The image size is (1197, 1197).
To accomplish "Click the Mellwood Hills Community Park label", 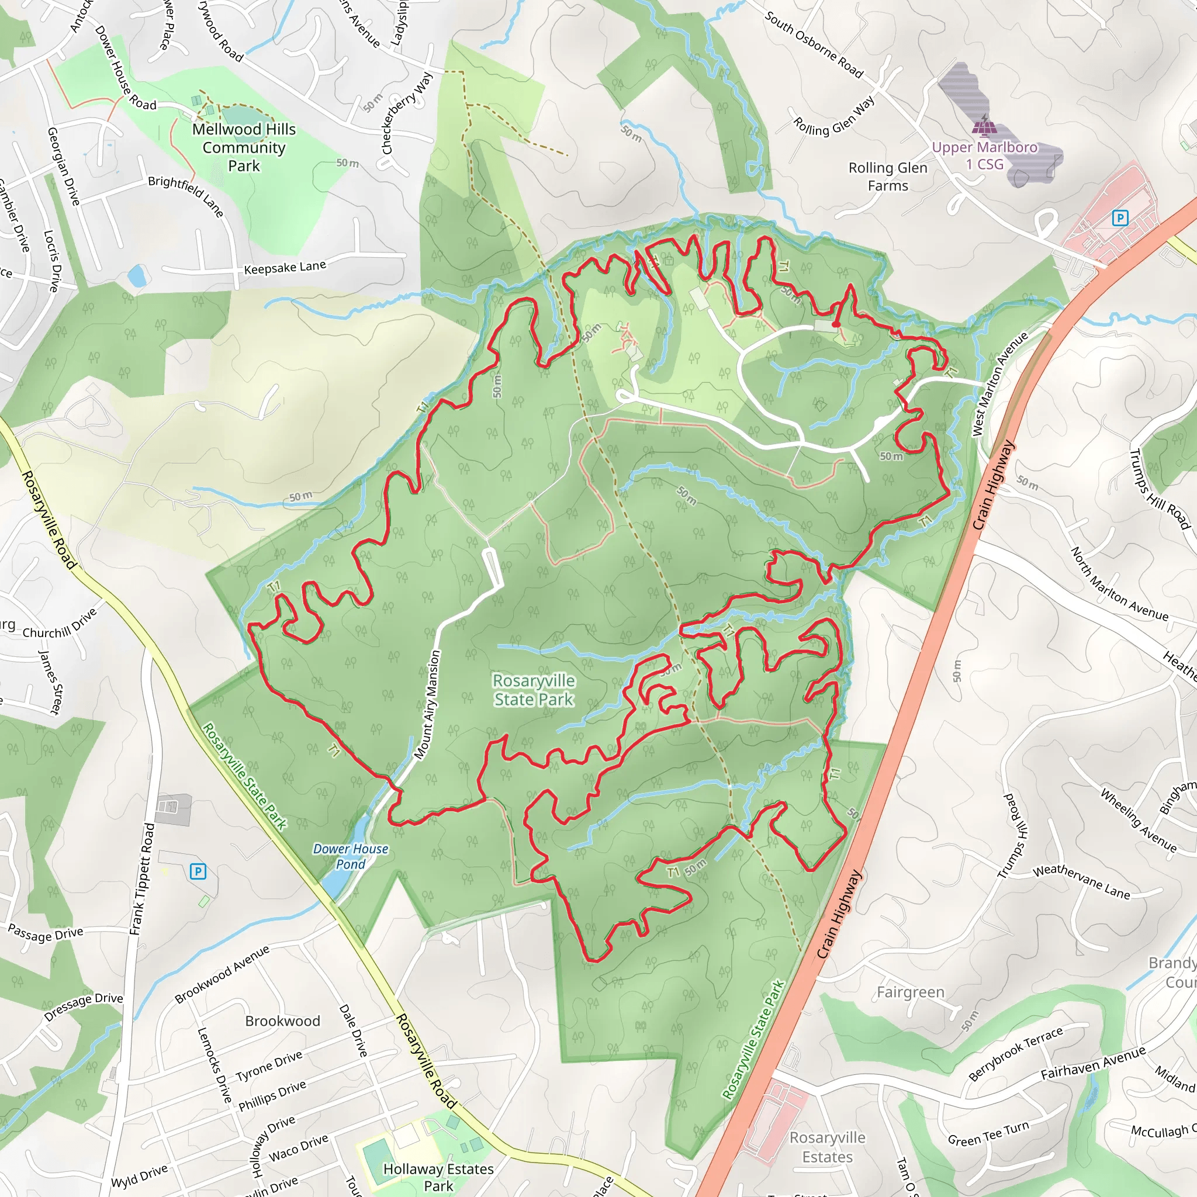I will pyautogui.click(x=244, y=147).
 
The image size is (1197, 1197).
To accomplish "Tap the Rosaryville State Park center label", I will pyautogui.click(x=534, y=690).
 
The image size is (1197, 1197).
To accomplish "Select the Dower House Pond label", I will pyautogui.click(x=351, y=856).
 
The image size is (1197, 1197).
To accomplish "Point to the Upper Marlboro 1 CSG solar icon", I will pyautogui.click(x=984, y=126).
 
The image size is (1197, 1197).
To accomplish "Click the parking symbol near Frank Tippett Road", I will pyautogui.click(x=198, y=871).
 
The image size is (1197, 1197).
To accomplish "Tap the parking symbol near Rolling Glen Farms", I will pyautogui.click(x=1119, y=217).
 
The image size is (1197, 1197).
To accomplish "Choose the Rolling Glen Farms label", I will pyautogui.click(x=888, y=177).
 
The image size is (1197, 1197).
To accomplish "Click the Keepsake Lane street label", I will pyautogui.click(x=285, y=268).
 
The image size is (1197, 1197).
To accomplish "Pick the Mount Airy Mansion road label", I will pyautogui.click(x=427, y=704).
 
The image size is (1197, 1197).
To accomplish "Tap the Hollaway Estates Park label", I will pyautogui.click(x=439, y=1177).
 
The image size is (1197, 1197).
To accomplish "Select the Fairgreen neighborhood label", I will pyautogui.click(x=910, y=992).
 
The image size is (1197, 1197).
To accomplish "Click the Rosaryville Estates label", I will pyautogui.click(x=827, y=1147).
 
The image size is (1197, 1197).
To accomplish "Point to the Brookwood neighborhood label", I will pyautogui.click(x=282, y=1020).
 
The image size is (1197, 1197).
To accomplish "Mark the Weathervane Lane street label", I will pyautogui.click(x=1081, y=881).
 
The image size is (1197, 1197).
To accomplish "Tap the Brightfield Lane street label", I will pyautogui.click(x=186, y=196).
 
